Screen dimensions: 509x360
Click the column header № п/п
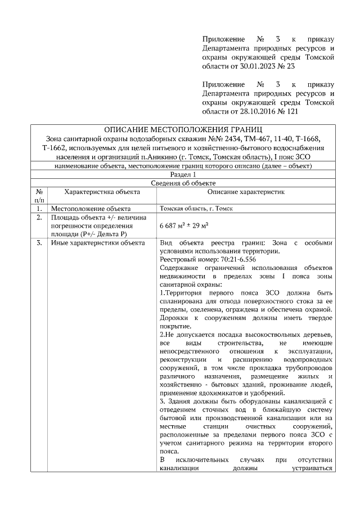tap(39, 195)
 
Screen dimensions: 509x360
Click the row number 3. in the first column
tap(39, 243)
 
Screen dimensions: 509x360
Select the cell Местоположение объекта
tap(91, 208)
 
